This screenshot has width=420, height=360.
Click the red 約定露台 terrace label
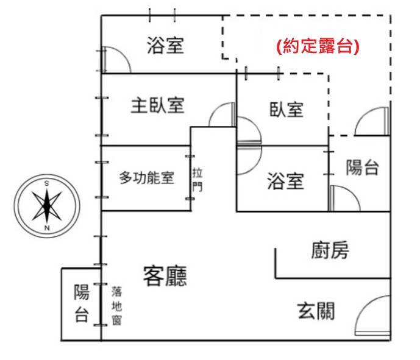[x=318, y=46]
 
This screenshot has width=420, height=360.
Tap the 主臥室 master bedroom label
[x=157, y=105]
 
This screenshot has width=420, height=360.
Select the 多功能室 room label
[x=146, y=177]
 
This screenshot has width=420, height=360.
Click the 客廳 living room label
[x=165, y=276]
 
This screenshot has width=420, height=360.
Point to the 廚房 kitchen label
[x=330, y=250]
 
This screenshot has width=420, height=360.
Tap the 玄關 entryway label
[x=316, y=311]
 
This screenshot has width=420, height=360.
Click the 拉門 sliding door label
[x=198, y=179]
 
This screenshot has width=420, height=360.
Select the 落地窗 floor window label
[x=117, y=306]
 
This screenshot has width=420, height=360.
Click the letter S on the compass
[x=46, y=183]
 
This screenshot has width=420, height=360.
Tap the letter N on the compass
[x=47, y=228]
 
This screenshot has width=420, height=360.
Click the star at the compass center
[x=47, y=206]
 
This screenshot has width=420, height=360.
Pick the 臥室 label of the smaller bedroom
[x=287, y=110]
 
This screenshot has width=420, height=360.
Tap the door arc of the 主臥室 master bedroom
[x=215, y=110]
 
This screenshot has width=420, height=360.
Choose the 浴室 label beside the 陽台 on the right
[x=285, y=181]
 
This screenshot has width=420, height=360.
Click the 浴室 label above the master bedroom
[x=165, y=45]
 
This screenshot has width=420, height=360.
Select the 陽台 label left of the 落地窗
[x=82, y=303]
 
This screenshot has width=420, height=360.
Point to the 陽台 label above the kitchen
[x=362, y=168]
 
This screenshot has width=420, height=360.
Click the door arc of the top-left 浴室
[x=124, y=54]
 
